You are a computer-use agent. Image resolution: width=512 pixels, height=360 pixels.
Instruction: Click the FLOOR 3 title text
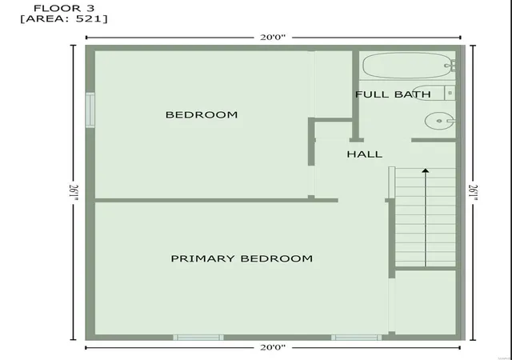(62, 8)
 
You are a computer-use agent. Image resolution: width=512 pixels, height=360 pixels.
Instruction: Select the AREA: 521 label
(64, 19)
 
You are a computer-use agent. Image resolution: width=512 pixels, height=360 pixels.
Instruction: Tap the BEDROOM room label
(202, 114)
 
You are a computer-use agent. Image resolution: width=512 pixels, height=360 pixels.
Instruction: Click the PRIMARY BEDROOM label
(242, 258)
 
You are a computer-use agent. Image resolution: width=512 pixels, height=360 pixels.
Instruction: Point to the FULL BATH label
(393, 94)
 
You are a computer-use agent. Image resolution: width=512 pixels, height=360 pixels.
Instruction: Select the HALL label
(365, 154)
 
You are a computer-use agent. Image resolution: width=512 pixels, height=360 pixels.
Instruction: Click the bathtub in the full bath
(407, 66)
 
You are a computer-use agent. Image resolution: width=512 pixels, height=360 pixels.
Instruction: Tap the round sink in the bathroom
(439, 121)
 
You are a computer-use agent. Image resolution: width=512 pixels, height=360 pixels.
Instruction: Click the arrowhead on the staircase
(425, 170)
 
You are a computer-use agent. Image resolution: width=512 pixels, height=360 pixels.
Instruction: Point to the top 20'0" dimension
(273, 38)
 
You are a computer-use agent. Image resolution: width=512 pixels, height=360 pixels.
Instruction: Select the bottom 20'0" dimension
(273, 347)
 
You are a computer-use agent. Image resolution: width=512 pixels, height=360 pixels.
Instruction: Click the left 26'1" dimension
(74, 193)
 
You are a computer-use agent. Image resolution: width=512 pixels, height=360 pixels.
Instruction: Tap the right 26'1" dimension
(474, 193)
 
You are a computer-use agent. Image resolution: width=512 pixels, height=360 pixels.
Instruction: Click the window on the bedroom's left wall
(90, 110)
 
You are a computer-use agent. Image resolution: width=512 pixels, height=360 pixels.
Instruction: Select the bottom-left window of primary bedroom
(198, 338)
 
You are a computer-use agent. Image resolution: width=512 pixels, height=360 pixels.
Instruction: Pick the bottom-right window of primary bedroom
(356, 338)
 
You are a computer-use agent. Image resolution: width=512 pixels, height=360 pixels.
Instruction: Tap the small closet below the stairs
(425, 302)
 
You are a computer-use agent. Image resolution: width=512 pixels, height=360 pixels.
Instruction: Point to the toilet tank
(450, 93)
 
